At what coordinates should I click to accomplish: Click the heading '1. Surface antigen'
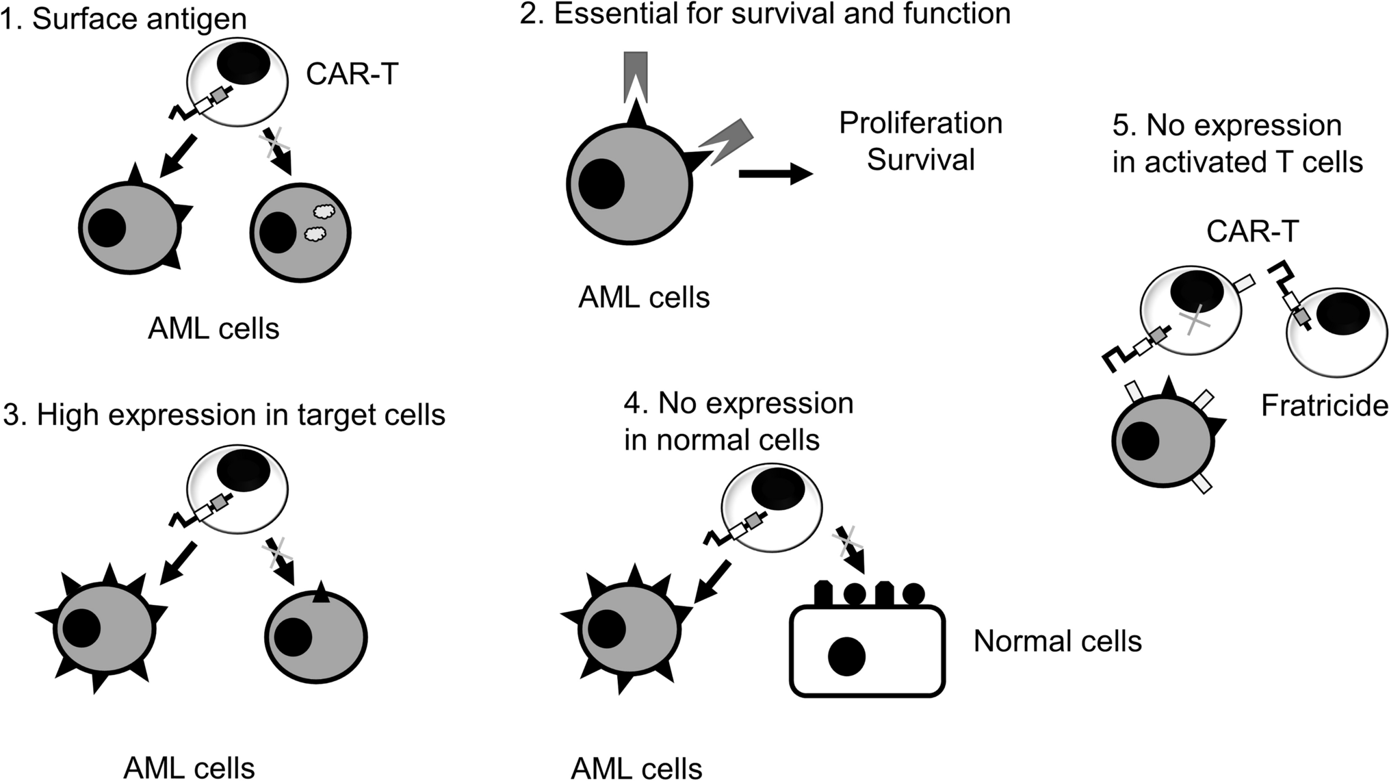click(124, 19)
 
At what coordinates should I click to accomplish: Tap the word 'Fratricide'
click(1324, 407)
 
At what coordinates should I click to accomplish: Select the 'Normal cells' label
click(1057, 641)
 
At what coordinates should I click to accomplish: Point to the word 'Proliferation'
click(920, 123)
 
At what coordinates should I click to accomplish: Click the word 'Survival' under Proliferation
click(920, 159)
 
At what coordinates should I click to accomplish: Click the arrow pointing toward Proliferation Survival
click(775, 174)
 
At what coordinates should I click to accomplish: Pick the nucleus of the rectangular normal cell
click(846, 656)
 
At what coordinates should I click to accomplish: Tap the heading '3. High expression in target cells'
click(224, 415)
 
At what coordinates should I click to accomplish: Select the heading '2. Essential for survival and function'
click(765, 14)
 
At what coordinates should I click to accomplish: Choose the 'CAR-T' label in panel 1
click(352, 74)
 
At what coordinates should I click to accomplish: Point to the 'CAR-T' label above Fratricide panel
click(1252, 232)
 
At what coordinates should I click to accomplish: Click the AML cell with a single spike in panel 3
click(316, 637)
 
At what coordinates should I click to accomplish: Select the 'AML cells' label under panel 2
click(644, 298)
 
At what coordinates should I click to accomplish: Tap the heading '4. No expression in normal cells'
click(738, 422)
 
